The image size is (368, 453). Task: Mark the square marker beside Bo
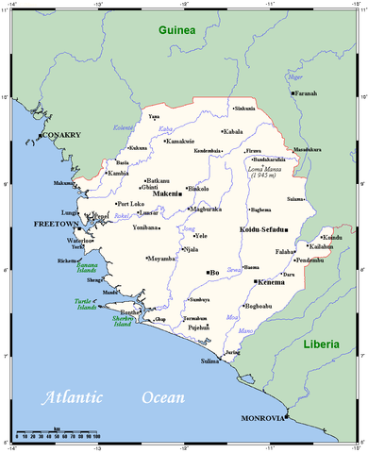(208, 272)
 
